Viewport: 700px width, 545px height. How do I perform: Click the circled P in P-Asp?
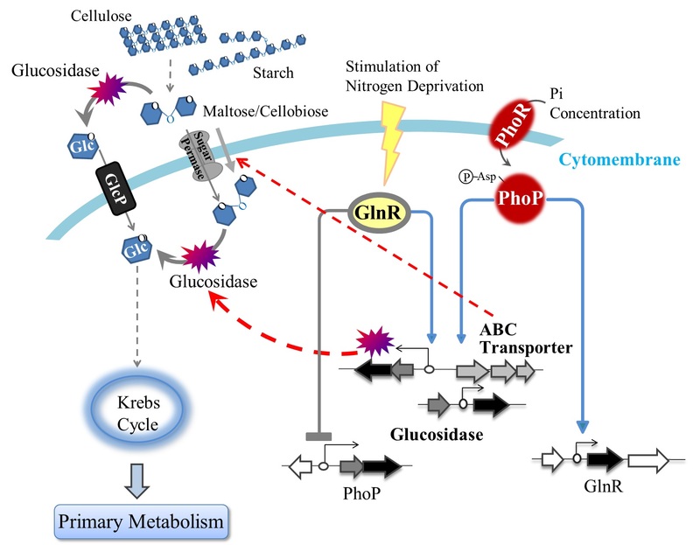tap(465, 179)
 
